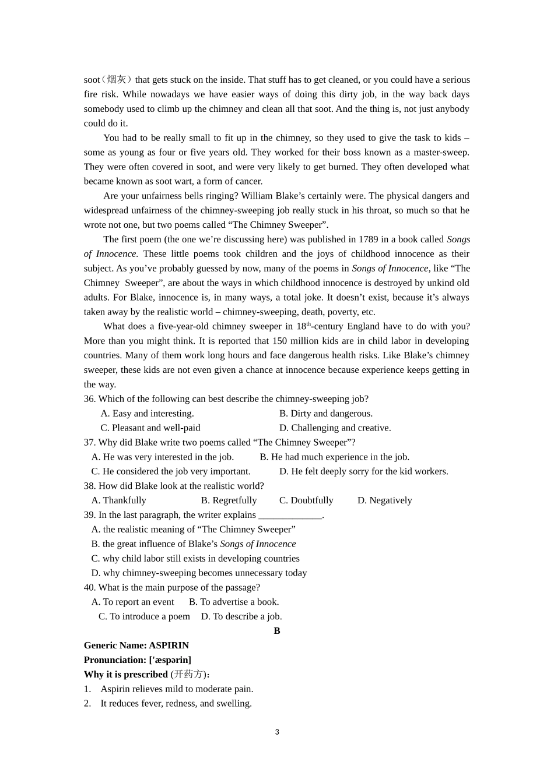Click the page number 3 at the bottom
click(277, 732)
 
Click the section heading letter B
click(277, 631)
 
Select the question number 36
click(89, 399)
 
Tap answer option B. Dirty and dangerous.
click(325, 414)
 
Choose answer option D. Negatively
click(384, 500)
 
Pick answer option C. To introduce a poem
click(144, 616)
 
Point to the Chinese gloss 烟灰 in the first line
click(117, 80)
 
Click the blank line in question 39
click(290, 516)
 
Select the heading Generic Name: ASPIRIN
click(136, 646)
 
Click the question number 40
click(89, 588)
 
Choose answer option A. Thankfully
click(118, 500)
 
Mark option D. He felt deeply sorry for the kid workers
click(363, 472)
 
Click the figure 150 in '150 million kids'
click(279, 341)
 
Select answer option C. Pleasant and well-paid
click(150, 428)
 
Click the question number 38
click(89, 486)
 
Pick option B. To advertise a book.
click(234, 602)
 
